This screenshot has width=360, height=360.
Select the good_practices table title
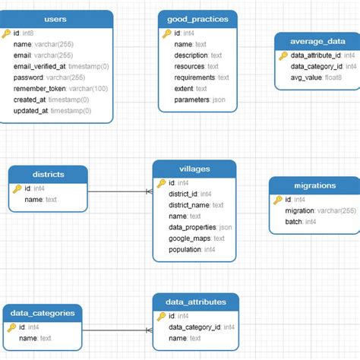(x=197, y=18)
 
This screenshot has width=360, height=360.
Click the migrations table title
(x=314, y=185)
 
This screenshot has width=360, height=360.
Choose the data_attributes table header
(x=195, y=302)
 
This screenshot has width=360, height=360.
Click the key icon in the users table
(x=7, y=34)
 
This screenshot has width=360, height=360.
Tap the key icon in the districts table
(x=16, y=188)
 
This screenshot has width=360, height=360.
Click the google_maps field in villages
(x=191, y=238)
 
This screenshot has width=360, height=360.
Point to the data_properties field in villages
(x=194, y=227)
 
